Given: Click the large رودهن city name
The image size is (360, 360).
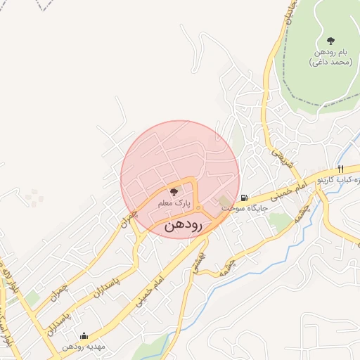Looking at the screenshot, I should [183, 225].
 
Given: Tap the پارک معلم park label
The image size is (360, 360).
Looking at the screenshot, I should [174, 202].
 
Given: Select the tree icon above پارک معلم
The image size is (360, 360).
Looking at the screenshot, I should [174, 191].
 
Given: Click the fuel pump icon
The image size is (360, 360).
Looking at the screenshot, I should [243, 198].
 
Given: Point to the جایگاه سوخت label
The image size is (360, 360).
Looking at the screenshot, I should [243, 209].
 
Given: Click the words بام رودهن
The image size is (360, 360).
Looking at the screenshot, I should [330, 53].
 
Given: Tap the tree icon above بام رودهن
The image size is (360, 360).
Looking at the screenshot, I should [330, 40].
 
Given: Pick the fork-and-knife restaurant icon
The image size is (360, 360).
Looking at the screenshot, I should [340, 169].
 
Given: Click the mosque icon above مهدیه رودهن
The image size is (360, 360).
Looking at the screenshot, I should [84, 336].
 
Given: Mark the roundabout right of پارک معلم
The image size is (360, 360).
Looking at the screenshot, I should [199, 208].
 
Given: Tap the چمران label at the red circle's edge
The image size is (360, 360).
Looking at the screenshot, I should [127, 219].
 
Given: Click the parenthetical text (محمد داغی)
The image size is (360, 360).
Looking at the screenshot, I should [330, 63].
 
